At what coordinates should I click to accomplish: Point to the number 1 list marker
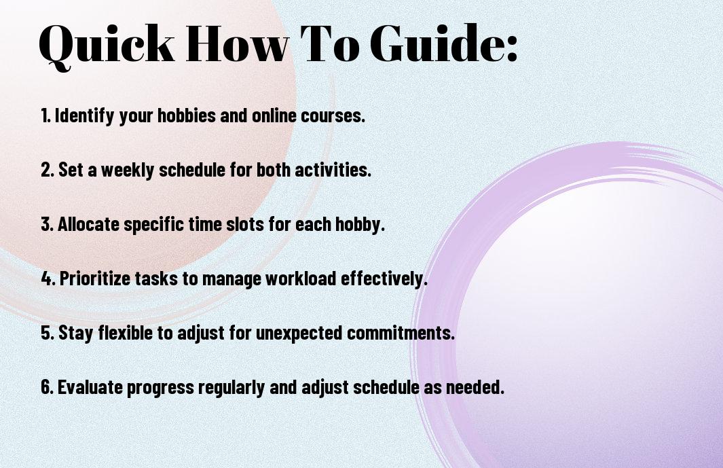(45, 115)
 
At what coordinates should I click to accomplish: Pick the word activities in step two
(333, 170)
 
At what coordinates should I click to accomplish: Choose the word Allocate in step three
(88, 224)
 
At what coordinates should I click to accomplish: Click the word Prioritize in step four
(95, 278)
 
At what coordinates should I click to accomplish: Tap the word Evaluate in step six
(90, 386)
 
